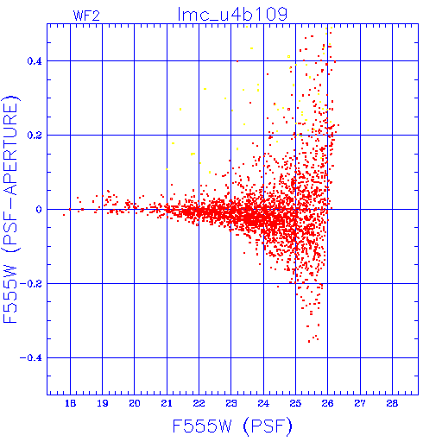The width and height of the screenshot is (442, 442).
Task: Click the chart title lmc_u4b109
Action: (x=232, y=15)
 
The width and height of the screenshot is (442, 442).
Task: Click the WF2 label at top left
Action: (x=86, y=16)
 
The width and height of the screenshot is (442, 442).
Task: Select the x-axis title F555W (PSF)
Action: (x=232, y=426)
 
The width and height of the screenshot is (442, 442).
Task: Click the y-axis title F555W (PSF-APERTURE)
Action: (x=11, y=209)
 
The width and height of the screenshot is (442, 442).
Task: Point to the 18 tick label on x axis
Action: (x=70, y=403)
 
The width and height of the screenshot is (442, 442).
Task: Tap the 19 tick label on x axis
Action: (x=103, y=403)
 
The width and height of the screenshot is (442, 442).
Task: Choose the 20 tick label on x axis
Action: (x=135, y=403)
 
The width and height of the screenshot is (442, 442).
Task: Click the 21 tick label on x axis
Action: (x=167, y=403)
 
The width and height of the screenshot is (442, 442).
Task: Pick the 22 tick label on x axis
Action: (x=199, y=403)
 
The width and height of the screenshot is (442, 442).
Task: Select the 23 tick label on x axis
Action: (x=231, y=403)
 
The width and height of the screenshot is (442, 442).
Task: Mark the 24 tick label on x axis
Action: (x=263, y=403)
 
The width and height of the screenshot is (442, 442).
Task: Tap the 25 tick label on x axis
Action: (x=295, y=403)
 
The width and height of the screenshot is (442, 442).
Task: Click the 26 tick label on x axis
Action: (x=328, y=403)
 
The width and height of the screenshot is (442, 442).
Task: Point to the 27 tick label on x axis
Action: (x=360, y=403)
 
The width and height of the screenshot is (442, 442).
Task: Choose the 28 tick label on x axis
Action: (x=392, y=403)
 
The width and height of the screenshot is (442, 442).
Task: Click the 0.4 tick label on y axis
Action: (x=35, y=61)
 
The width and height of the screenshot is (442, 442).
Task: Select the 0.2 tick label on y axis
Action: (x=35, y=136)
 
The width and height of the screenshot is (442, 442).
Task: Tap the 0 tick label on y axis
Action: (x=39, y=210)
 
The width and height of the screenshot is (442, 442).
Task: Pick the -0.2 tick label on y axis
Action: (x=30, y=284)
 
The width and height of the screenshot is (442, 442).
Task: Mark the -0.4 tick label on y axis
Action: (x=30, y=358)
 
